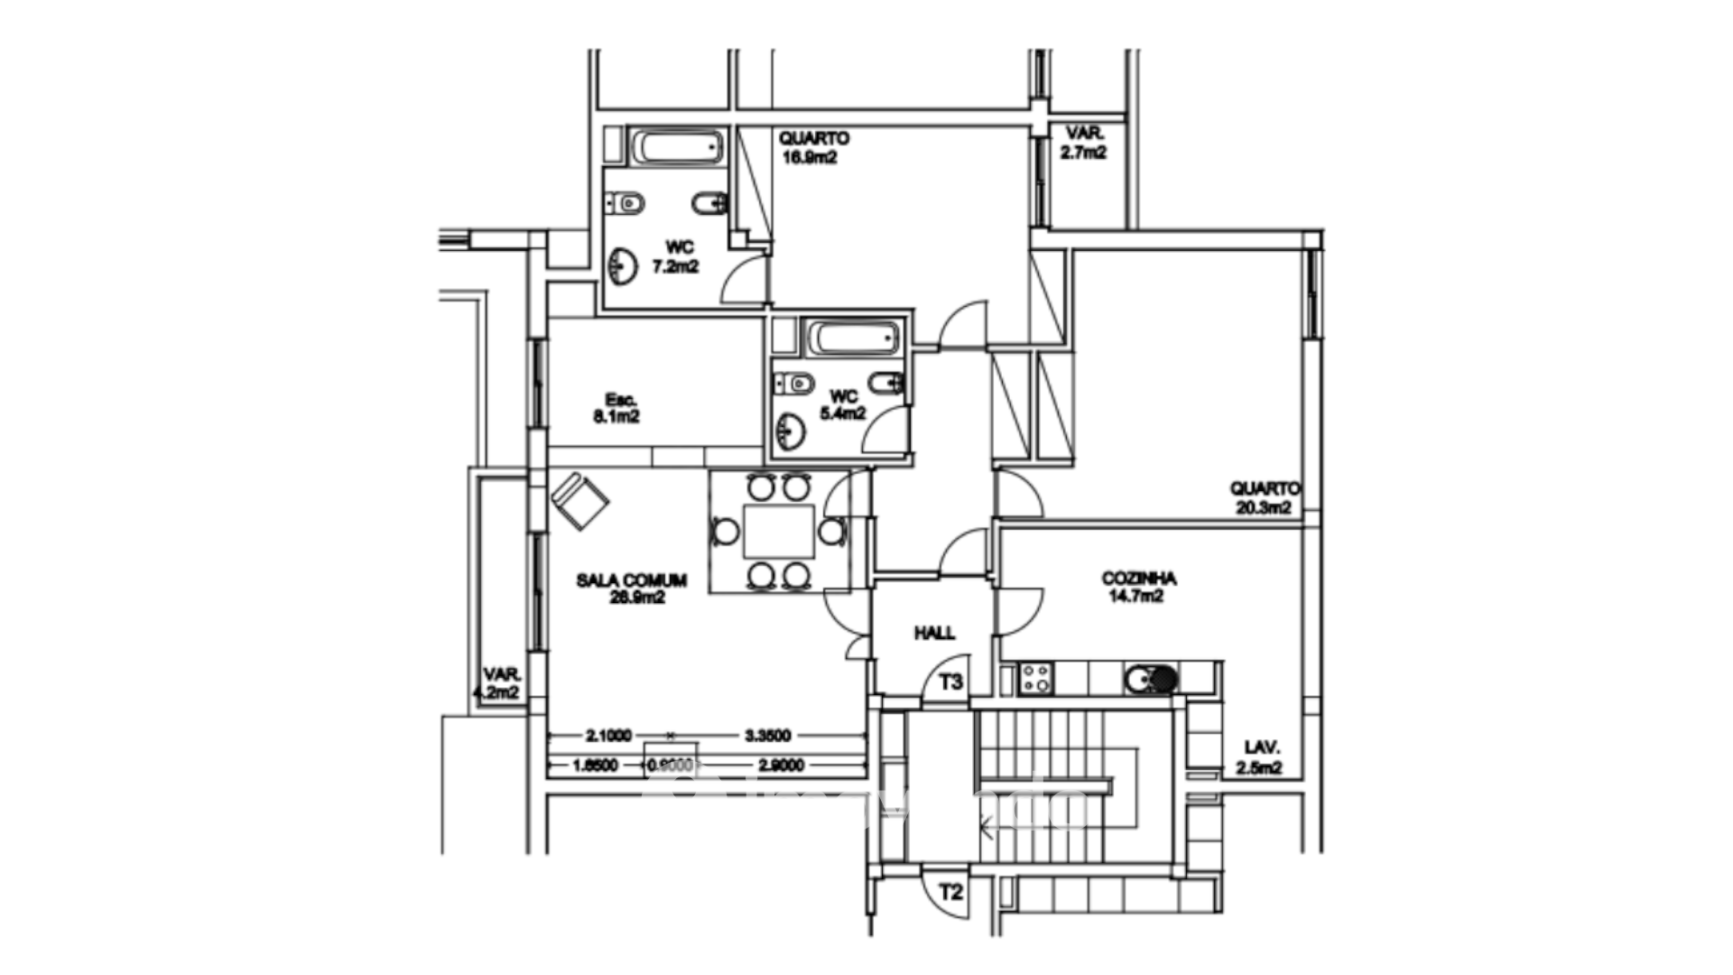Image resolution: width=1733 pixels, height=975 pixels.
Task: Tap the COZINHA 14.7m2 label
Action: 1138,587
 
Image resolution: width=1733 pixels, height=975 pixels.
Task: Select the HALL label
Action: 934,633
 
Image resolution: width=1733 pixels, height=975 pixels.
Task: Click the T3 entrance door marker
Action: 950,682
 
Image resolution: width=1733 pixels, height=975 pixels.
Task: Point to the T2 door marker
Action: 950,894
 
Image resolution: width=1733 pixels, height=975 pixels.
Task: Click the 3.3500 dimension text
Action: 768,736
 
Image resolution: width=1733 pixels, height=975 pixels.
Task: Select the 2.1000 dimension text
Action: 608,736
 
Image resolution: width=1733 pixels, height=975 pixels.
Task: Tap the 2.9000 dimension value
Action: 781,766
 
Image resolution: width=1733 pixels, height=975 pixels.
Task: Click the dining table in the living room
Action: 778,533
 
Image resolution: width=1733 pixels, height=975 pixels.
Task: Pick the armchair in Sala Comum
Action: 579,500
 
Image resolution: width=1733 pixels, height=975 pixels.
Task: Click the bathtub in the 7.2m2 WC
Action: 678,146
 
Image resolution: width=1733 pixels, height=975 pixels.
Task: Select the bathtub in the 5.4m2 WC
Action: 852,339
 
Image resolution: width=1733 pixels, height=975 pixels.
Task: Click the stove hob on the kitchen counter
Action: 1035,678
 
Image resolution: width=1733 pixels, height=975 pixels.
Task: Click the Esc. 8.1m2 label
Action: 617,408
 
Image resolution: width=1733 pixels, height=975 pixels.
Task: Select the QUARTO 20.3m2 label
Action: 1264,497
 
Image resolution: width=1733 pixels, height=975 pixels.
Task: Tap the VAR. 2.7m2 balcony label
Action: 1083,144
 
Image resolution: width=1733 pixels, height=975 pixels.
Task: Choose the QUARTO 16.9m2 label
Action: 812,147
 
